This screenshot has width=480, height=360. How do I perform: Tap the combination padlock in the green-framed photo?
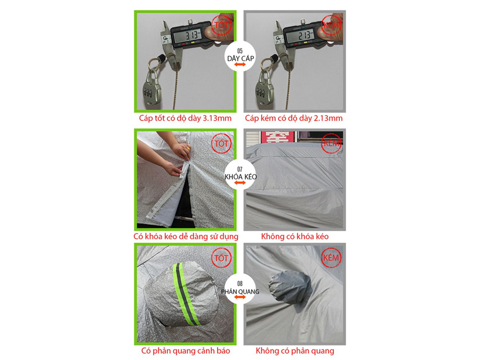point(152,89)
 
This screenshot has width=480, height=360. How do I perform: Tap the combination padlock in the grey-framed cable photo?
point(265,89)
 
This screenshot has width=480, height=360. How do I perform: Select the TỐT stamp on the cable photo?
point(221,25)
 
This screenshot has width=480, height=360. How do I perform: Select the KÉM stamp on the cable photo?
point(331,25)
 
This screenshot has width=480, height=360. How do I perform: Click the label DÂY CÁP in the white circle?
point(241,58)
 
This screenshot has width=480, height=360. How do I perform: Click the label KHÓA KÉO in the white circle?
point(241,177)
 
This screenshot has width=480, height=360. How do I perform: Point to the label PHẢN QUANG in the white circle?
point(241,291)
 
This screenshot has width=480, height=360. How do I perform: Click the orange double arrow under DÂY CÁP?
point(240,65)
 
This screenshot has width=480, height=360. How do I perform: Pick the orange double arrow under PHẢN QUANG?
point(240,297)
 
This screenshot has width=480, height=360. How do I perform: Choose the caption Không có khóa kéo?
point(295,236)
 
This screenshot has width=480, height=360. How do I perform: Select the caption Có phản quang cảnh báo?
point(186,351)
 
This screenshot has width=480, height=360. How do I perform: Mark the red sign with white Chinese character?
point(277,137)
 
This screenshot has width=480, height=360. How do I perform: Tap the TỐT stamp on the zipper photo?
point(221,143)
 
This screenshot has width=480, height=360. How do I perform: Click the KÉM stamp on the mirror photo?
point(331,258)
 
